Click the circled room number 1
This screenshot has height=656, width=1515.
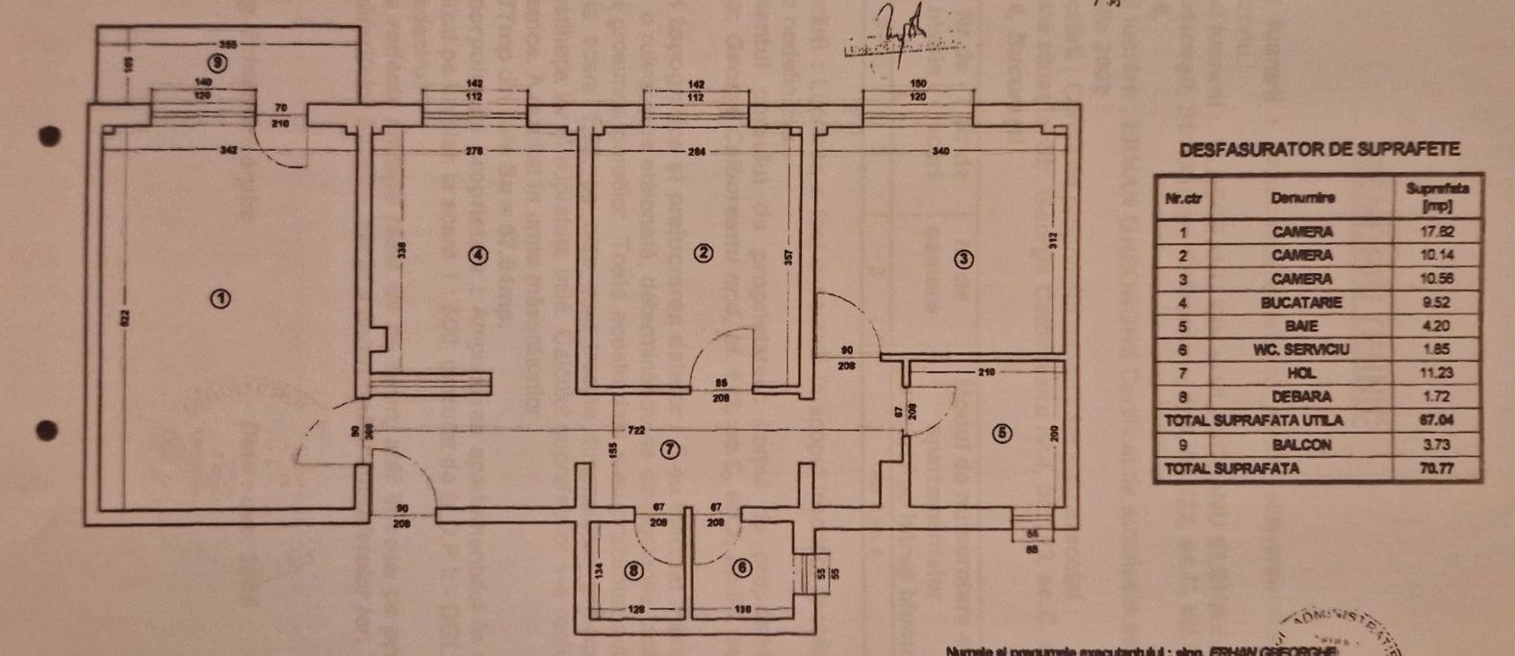(221, 298)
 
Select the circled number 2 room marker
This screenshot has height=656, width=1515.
(705, 253)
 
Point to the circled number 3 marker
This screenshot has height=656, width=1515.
(964, 258)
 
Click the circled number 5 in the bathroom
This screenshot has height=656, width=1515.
(1003, 434)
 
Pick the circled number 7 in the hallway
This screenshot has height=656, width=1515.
(671, 449)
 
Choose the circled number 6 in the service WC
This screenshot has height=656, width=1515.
(741, 568)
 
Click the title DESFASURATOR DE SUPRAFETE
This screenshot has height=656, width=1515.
(1319, 149)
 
